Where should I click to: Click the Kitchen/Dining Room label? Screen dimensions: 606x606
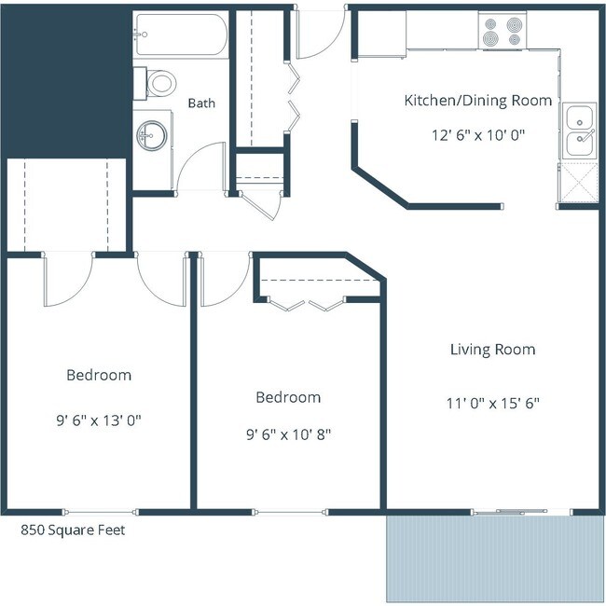click(x=477, y=100)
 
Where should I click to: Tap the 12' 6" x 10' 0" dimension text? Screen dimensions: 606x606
click(x=477, y=133)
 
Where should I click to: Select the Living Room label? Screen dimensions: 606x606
click(x=492, y=350)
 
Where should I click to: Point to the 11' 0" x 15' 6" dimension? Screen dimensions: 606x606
click(x=492, y=404)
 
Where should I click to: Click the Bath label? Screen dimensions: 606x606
click(x=201, y=103)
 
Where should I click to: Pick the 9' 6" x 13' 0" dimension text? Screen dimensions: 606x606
click(x=98, y=420)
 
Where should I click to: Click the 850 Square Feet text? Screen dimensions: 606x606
click(x=73, y=530)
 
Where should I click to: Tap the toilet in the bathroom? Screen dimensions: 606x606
click(x=159, y=84)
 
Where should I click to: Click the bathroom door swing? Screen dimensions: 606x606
click(x=204, y=168)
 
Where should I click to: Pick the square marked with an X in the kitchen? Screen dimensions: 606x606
click(x=577, y=182)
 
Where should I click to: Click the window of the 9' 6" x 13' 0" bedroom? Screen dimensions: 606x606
click(x=100, y=510)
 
